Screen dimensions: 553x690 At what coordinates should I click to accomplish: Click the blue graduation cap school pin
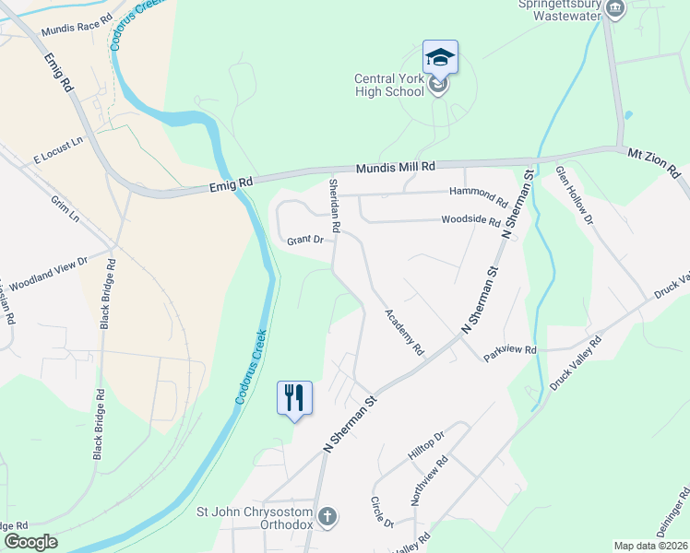(x=440, y=57)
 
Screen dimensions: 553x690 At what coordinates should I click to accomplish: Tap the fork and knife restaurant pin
(x=294, y=398)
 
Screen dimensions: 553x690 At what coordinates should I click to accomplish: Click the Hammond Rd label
(x=479, y=194)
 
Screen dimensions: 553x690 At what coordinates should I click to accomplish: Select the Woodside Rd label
(x=470, y=221)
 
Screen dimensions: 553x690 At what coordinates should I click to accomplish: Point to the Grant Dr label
(x=305, y=240)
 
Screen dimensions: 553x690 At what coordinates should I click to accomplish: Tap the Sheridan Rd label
(x=335, y=206)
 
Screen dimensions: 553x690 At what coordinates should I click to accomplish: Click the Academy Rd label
(x=404, y=332)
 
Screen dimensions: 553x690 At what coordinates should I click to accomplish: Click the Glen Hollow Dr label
(x=574, y=194)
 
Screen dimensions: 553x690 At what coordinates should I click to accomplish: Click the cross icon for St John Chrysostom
(x=327, y=517)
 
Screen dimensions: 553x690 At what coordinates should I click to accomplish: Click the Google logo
(x=30, y=542)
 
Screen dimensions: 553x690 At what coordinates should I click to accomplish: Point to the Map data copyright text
(x=650, y=546)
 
